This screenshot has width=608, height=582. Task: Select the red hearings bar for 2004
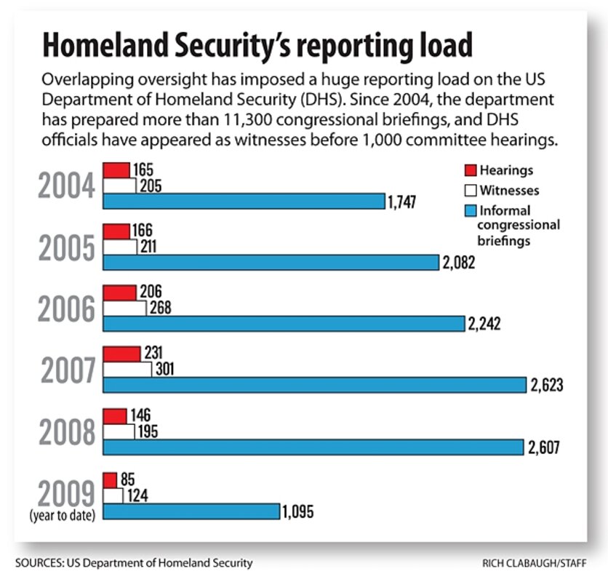(x=116, y=170)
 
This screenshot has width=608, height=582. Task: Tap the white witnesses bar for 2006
(x=124, y=308)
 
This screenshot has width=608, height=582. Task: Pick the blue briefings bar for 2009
(x=191, y=511)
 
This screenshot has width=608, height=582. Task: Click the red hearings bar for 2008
(x=115, y=416)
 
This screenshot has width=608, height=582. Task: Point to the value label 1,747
(x=401, y=202)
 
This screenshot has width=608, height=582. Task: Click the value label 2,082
(x=457, y=263)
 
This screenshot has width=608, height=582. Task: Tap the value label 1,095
(x=298, y=511)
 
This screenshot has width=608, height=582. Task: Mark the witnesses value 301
(x=165, y=370)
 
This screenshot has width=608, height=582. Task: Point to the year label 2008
(x=67, y=431)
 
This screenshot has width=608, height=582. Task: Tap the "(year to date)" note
(x=63, y=516)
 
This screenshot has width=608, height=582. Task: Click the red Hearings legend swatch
(x=469, y=171)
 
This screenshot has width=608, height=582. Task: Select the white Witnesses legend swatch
(x=469, y=191)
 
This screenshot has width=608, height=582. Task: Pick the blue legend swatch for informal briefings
(x=469, y=211)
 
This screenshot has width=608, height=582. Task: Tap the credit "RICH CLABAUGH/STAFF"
(x=536, y=563)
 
